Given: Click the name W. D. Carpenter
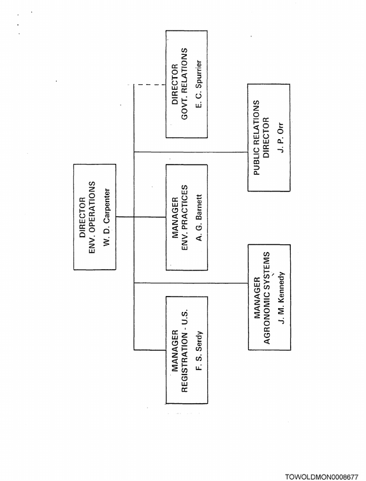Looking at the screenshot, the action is [106, 217].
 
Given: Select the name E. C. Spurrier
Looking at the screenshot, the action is [199, 84].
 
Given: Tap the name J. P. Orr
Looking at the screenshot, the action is [281, 138].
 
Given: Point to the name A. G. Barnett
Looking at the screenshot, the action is [199, 218].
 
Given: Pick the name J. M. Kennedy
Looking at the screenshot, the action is [281, 297].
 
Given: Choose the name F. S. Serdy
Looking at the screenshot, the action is [199, 351].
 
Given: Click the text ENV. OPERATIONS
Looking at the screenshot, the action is [92, 218].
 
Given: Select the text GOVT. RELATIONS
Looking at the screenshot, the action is [184, 84].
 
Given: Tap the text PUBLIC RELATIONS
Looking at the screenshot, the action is [256, 137].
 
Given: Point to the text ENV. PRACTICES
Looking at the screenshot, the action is [184, 218].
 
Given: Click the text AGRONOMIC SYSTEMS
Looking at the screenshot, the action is [267, 298].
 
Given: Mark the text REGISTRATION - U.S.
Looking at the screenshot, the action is [184, 351].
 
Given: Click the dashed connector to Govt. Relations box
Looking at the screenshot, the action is [150, 84].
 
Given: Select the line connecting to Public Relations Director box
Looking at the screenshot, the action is [191, 152].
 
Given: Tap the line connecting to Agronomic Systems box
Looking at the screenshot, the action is [191, 283].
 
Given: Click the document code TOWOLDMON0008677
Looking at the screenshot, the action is [321, 477].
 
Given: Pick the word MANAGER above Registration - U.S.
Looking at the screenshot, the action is [175, 351].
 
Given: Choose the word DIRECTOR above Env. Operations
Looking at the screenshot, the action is [82, 218].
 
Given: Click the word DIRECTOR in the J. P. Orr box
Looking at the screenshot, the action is [266, 137].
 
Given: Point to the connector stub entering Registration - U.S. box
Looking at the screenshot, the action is [150, 350].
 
